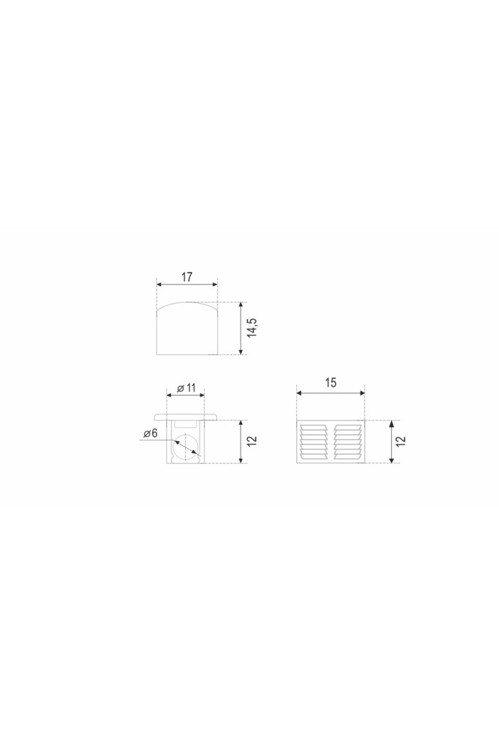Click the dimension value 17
click(x=187, y=277)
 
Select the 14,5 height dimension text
click(x=252, y=328)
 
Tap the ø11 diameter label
click(x=186, y=388)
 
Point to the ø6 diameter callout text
click(x=151, y=434)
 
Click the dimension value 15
click(x=331, y=383)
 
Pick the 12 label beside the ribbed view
click(x=401, y=441)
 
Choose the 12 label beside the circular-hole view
click(x=252, y=441)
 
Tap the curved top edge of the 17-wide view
click(x=187, y=303)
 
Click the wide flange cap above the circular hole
click(x=186, y=416)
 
